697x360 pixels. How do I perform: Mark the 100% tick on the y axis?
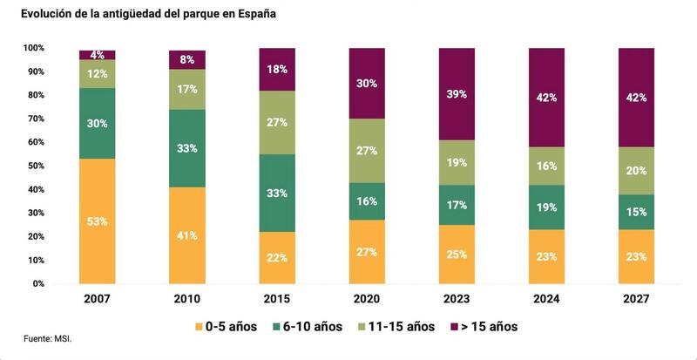pos(33,47)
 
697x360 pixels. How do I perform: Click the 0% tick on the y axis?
pos(37,284)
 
